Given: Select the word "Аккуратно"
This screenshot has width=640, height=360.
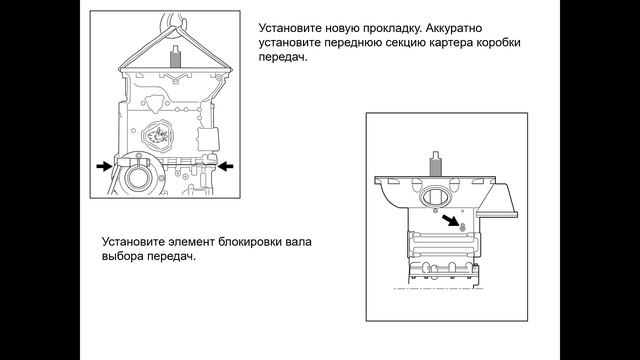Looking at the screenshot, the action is point(454,28).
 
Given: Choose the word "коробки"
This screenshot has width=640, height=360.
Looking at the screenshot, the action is point(501,43).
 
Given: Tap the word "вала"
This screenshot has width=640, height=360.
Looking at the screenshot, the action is point(300,242).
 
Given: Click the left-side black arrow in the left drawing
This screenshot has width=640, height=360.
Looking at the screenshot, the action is point(104,166).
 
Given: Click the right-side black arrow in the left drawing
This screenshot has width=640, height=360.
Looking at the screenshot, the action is point(225,166).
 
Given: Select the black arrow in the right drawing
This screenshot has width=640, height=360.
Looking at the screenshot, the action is point(449,221).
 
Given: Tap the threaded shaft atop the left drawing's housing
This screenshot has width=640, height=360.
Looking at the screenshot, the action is point(175,57).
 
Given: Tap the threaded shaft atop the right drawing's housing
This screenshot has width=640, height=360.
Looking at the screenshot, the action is point(435,164).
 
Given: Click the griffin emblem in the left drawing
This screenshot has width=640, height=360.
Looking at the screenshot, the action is point(156,136).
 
